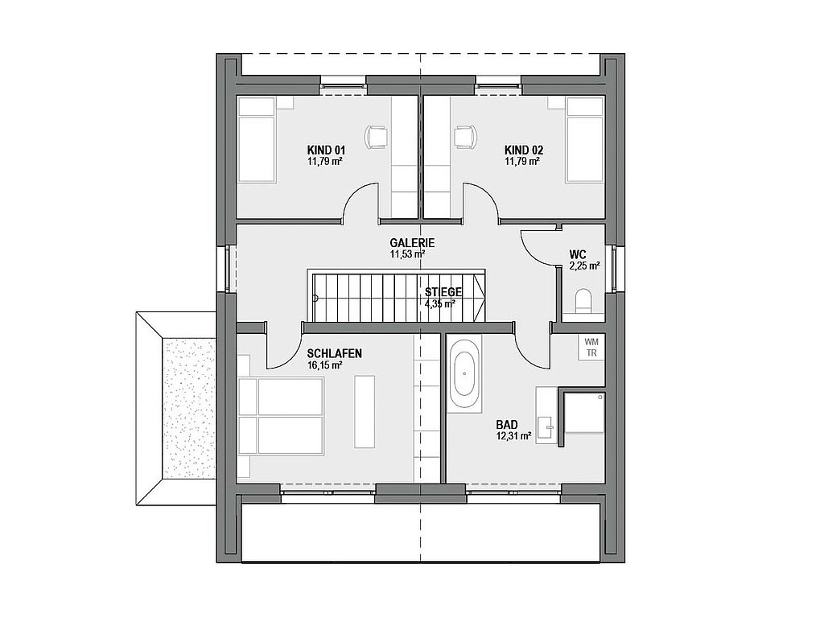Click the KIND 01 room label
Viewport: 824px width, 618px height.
click(326, 150)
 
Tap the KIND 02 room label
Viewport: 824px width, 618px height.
click(523, 150)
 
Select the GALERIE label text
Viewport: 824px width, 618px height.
click(412, 243)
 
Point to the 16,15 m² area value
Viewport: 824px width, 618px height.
click(325, 365)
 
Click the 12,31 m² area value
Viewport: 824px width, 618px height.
click(513, 435)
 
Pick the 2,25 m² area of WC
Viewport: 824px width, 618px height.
click(584, 266)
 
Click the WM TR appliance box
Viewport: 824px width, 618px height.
click(591, 348)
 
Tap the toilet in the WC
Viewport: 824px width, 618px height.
click(584, 300)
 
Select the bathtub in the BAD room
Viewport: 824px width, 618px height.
click(464, 373)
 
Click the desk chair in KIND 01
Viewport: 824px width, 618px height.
click(377, 137)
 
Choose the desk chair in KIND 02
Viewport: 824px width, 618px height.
click(466, 137)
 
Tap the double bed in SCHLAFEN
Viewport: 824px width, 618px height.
click(280, 416)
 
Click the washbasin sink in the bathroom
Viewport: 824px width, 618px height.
click(545, 425)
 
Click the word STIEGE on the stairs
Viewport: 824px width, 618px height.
click(443, 292)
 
